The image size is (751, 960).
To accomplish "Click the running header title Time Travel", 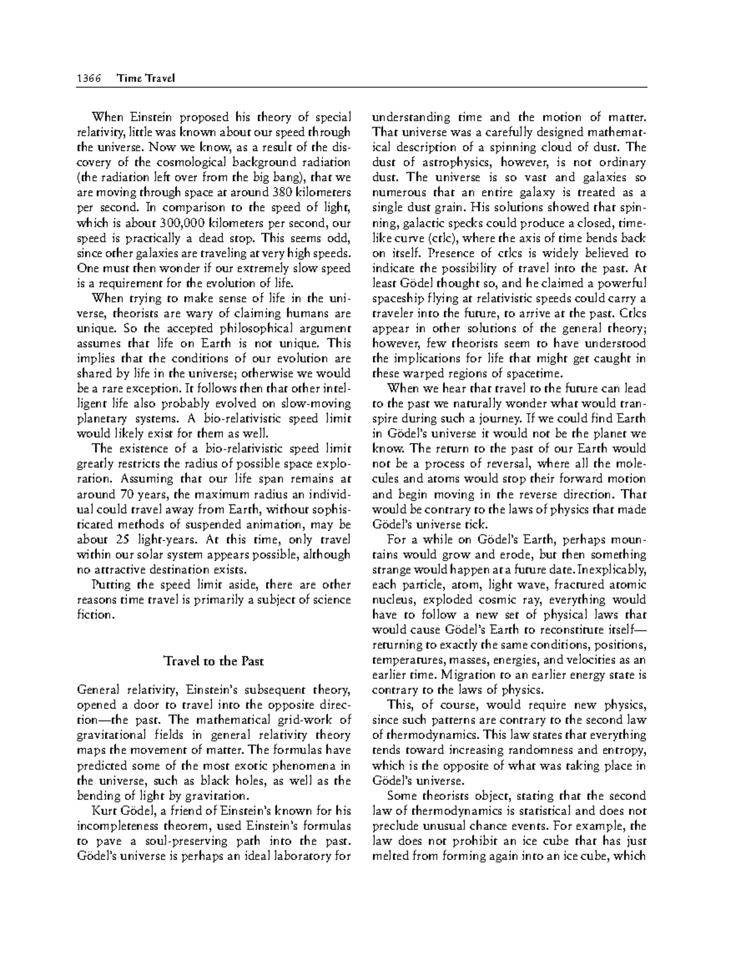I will point(145,78).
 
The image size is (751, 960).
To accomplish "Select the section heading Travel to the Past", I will point(213,661).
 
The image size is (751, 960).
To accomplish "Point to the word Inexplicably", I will point(613,570).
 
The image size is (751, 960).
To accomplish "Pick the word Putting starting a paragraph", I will point(113,585).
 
